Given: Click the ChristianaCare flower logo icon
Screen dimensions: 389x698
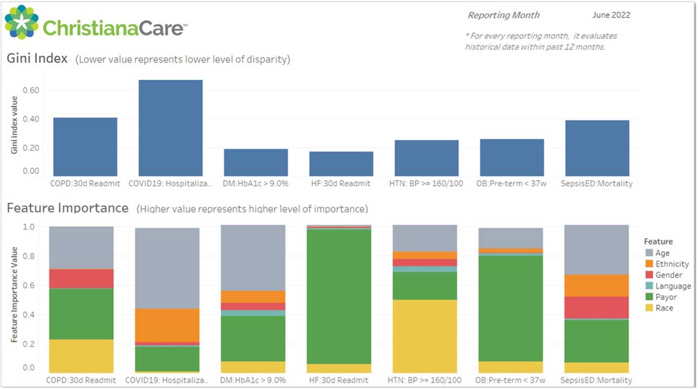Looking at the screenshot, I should [x=22, y=22].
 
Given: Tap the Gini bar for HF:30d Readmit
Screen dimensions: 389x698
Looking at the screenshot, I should [x=341, y=163].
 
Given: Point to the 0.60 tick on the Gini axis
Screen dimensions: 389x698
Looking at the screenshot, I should [x=31, y=91].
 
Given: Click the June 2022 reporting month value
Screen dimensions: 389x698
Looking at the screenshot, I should [x=611, y=15].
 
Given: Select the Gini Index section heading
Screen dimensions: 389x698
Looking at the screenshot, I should [x=37, y=59].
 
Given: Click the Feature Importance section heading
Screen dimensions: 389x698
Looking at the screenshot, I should [x=67, y=208].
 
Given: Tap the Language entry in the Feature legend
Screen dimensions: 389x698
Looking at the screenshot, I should [x=673, y=286].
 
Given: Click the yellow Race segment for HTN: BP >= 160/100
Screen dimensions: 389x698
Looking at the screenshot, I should [x=425, y=336].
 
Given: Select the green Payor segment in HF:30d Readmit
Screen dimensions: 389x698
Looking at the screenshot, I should [x=339, y=297].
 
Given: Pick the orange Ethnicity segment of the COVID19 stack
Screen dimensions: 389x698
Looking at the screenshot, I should [x=167, y=325].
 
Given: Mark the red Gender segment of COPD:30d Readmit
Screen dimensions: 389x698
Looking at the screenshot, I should [x=81, y=279].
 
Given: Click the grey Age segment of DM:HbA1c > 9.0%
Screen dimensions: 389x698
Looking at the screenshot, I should [x=253, y=258].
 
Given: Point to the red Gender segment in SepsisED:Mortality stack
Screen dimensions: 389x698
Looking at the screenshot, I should [x=597, y=308].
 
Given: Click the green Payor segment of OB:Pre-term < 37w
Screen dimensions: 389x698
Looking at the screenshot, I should [x=510, y=308].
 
